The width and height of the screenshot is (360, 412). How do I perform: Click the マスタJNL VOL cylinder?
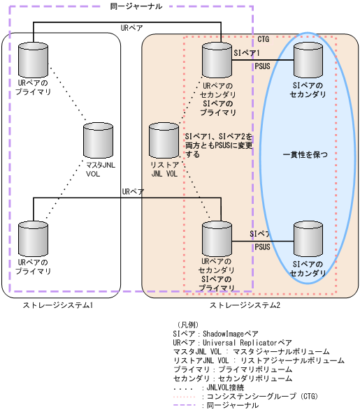click(99, 140)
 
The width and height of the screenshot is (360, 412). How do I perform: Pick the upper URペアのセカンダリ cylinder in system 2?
click(217, 59)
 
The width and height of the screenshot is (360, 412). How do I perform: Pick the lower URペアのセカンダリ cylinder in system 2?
click(217, 238)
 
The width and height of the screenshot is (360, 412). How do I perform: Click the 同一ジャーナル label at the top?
click(136, 6)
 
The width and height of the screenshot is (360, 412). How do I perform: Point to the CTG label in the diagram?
click(264, 39)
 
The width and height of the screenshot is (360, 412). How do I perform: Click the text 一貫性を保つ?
click(305, 154)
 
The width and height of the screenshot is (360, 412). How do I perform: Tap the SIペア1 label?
click(246, 52)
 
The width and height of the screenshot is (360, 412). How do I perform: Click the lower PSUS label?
click(262, 247)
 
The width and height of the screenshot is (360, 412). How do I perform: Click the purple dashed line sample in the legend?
click(185, 406)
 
